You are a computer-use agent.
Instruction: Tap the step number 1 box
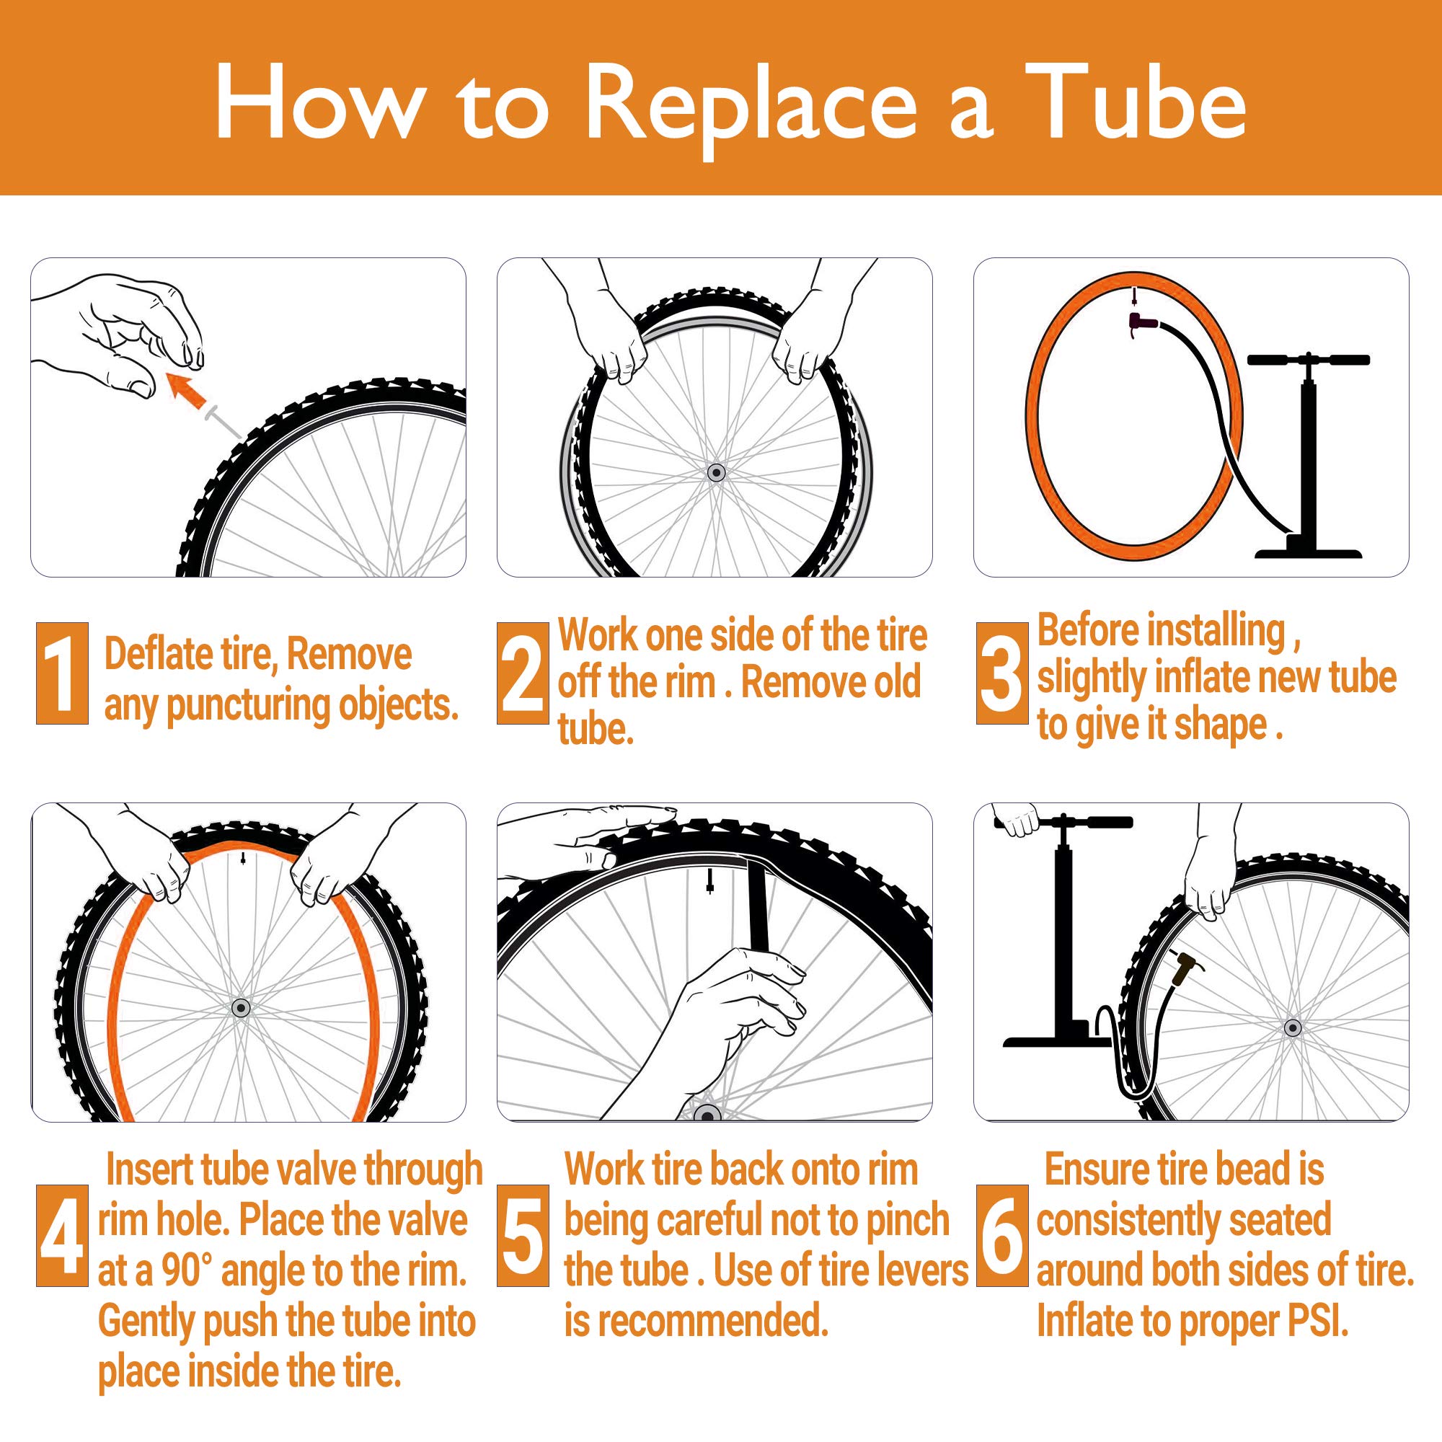[x=62, y=673]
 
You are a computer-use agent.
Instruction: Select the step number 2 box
[x=522, y=673]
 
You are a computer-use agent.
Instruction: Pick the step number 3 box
[x=1001, y=673]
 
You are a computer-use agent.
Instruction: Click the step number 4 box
[x=62, y=1235]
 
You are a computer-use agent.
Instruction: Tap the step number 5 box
[x=522, y=1235]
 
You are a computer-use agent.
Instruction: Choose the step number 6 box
[x=1001, y=1235]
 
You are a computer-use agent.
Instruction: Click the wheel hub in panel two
[x=717, y=472]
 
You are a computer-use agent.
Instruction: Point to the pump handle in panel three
[x=1309, y=360]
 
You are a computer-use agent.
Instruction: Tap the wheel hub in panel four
[x=240, y=1009]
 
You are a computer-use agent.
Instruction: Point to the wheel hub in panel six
[x=1293, y=1027]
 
